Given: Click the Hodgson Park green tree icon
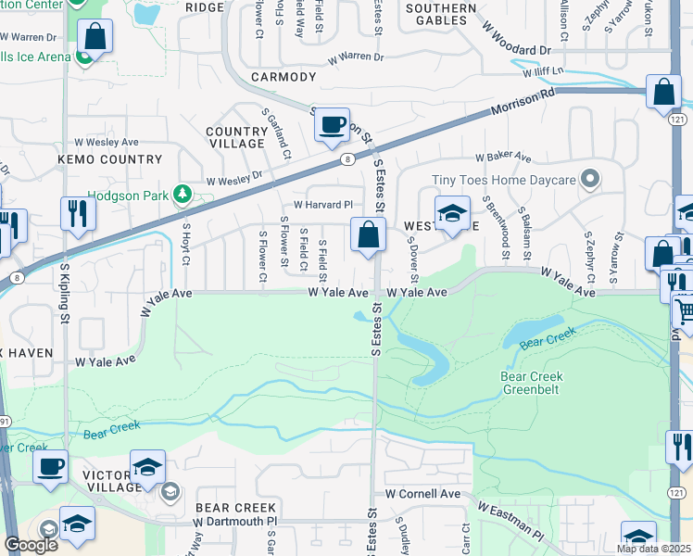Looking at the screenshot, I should coord(183,193).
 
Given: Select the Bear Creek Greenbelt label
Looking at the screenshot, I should coord(532,384).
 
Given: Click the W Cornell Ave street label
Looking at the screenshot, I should coord(422,494).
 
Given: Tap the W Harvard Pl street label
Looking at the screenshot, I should coord(323,205).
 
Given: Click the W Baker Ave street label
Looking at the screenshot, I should coord(503,158).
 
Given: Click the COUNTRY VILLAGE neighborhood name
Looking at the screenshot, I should coord(236,138).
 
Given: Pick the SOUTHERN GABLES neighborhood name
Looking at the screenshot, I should coord(441,15).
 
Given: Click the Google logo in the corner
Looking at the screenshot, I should coord(31,545).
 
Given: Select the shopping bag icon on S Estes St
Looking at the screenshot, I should coord(369,236).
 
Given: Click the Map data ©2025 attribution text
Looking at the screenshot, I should coord(653,549).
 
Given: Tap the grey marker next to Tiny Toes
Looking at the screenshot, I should coord(588,179).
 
